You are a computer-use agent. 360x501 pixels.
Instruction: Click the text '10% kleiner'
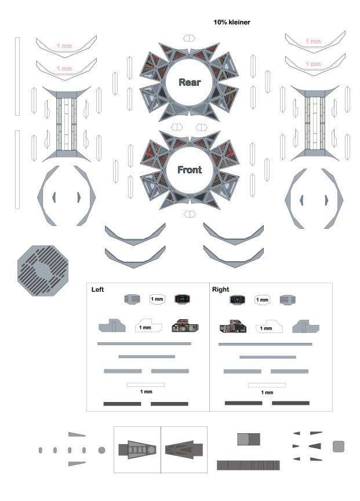pos(232,23)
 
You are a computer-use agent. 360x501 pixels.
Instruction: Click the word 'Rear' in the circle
pos(190,82)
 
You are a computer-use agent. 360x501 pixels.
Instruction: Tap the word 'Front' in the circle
pos(190,170)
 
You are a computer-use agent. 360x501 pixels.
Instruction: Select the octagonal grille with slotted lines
pos(43,270)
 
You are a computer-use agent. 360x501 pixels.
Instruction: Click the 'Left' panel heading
pos(97,290)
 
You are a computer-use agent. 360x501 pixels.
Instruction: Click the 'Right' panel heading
pos(221,290)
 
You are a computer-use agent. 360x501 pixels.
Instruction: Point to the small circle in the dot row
pos(101,450)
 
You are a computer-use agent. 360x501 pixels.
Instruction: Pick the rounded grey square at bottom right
pos(338,447)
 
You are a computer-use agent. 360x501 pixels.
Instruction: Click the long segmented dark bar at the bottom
pos(248,465)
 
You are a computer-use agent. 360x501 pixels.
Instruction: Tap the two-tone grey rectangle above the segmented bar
pos(249,440)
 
